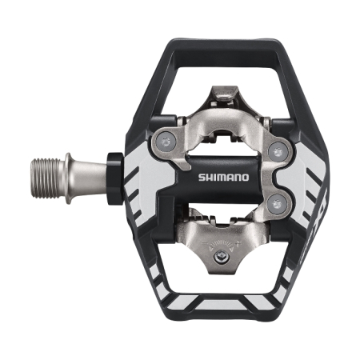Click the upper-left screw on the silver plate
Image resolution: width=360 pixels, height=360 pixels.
166,142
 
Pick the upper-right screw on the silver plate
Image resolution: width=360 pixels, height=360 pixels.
278,149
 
